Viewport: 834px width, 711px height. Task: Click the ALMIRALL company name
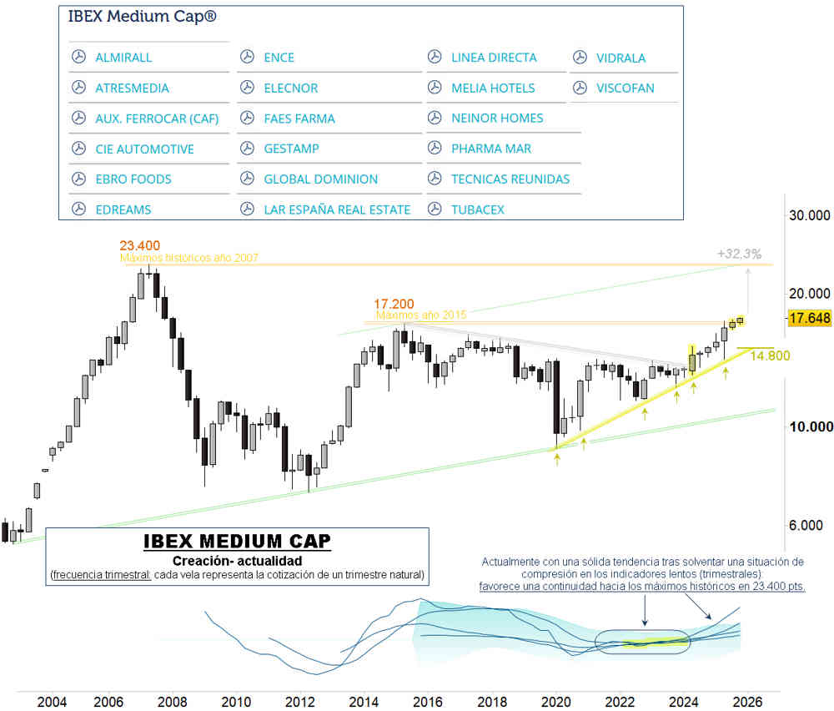(x=123, y=58)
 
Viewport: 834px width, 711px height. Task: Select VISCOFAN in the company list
(x=625, y=88)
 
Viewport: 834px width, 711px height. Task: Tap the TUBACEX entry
(x=477, y=209)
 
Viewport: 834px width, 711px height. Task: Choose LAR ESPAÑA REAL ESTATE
(x=337, y=209)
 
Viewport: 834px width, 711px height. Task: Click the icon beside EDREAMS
(x=78, y=209)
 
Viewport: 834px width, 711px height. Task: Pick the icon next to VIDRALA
(x=580, y=58)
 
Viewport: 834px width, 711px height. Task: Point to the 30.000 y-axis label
(x=808, y=215)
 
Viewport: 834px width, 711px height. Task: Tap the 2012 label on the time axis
(x=300, y=701)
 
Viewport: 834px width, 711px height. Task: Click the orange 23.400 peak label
(x=139, y=245)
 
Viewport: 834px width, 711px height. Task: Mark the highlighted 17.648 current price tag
(x=808, y=319)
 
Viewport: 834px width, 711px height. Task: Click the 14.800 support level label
(x=770, y=355)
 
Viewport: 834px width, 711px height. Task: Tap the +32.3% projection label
(x=739, y=254)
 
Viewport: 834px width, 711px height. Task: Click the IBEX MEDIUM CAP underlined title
(x=237, y=541)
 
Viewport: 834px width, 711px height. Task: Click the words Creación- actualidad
(x=237, y=561)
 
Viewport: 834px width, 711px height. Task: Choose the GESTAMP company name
(x=291, y=149)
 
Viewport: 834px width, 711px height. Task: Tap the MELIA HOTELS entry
(x=493, y=88)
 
